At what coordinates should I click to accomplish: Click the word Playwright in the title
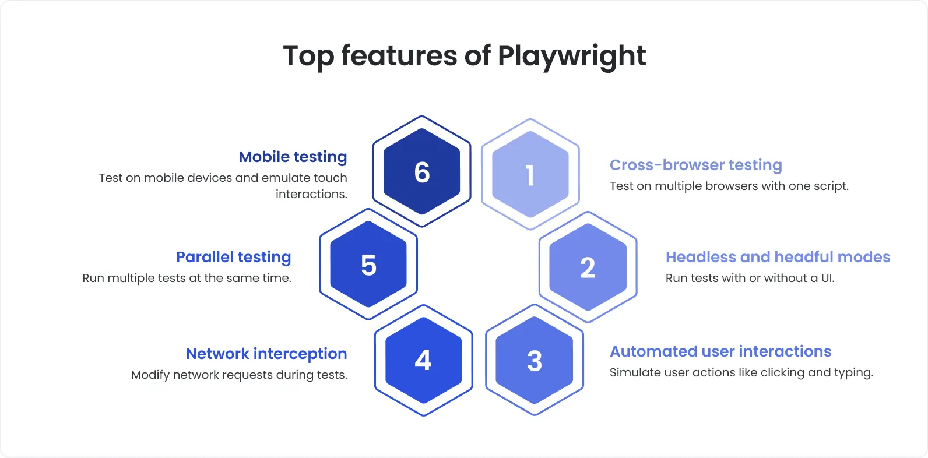pyautogui.click(x=571, y=57)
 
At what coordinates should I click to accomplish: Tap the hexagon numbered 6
pyautogui.click(x=422, y=172)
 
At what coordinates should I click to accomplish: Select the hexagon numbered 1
pyautogui.click(x=530, y=175)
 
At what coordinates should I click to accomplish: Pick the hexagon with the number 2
pyautogui.click(x=588, y=267)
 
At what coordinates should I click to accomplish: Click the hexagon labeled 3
pyautogui.click(x=535, y=360)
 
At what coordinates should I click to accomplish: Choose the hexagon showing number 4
pyautogui.click(x=423, y=360)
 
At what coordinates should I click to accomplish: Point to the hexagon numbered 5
pyautogui.click(x=368, y=265)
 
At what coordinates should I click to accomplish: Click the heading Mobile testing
pyautogui.click(x=293, y=157)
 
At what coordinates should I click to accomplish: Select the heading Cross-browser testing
pyautogui.click(x=695, y=165)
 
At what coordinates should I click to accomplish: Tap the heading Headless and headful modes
pyautogui.click(x=778, y=257)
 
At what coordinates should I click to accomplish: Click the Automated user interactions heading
pyautogui.click(x=720, y=351)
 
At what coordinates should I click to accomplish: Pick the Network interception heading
pyautogui.click(x=266, y=354)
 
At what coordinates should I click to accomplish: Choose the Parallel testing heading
pyautogui.click(x=233, y=257)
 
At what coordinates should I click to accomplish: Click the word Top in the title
pyautogui.click(x=308, y=57)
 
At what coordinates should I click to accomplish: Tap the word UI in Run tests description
pyautogui.click(x=827, y=279)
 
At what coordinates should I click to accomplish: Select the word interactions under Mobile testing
pyautogui.click(x=311, y=194)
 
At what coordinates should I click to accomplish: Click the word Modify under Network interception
pyautogui.click(x=150, y=375)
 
